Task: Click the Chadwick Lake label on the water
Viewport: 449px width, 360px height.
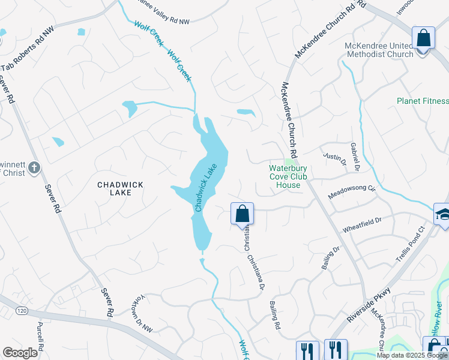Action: point(205,189)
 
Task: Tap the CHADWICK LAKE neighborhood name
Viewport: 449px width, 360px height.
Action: point(120,188)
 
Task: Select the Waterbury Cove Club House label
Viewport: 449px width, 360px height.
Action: point(288,177)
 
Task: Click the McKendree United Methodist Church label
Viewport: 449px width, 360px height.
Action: point(387,50)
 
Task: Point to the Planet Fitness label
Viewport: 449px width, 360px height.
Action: point(423,101)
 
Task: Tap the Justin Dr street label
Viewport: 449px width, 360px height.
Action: point(335,159)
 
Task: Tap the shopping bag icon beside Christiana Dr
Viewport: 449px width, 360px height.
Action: point(243,213)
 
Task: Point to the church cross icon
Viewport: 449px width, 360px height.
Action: point(35,168)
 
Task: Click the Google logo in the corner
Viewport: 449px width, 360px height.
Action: point(20,352)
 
